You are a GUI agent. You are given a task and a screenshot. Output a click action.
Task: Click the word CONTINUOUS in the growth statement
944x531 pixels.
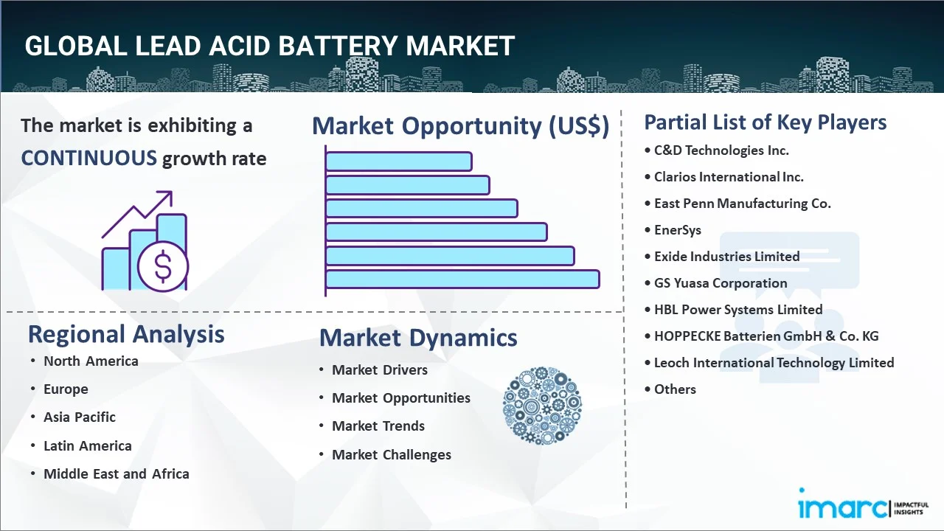click(89, 158)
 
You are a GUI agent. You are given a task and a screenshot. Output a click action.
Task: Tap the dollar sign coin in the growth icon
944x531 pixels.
click(163, 266)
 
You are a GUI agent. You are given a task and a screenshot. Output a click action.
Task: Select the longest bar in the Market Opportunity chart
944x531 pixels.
click(462, 280)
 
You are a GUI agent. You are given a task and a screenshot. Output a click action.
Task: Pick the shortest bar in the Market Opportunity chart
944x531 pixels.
click(399, 162)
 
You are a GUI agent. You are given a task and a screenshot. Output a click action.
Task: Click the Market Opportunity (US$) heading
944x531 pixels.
click(461, 125)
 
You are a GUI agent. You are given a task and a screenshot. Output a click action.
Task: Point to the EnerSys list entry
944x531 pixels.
click(677, 230)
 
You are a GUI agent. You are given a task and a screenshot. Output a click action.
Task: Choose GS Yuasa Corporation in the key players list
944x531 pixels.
click(721, 282)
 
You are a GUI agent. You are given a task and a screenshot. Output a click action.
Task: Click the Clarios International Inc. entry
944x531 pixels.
click(729, 176)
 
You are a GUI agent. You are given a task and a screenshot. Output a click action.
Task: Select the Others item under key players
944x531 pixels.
click(675, 389)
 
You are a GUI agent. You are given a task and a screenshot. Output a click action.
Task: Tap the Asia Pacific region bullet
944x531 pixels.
click(80, 417)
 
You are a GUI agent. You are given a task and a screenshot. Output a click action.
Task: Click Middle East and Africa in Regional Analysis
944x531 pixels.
click(117, 473)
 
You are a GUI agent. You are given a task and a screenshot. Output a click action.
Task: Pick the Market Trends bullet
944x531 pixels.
click(378, 426)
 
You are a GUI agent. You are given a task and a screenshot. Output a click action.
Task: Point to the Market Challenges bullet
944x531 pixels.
click(392, 455)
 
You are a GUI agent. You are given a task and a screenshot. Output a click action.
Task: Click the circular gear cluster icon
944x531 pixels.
click(542, 406)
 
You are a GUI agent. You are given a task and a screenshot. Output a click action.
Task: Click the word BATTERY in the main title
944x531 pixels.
click(338, 46)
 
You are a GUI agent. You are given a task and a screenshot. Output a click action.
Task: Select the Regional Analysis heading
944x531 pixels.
click(126, 334)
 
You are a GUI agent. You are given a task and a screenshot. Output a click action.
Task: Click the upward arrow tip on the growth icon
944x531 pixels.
click(172, 192)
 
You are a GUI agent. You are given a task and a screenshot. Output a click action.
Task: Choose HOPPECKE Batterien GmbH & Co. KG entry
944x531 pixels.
click(766, 336)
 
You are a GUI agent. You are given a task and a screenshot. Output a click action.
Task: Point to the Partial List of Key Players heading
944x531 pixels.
click(766, 122)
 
